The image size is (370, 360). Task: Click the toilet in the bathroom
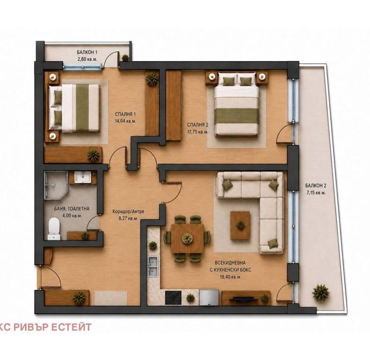[54, 229]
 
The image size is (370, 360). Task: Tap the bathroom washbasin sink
[83, 177]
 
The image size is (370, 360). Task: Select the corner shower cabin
[56, 185]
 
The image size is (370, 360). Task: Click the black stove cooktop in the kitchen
[173, 298]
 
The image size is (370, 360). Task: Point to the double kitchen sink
[153, 266]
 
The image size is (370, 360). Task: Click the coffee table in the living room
[240, 226]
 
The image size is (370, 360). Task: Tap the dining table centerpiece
[187, 238]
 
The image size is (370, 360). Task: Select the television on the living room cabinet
[243, 299]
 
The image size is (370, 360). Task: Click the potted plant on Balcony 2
[321, 293]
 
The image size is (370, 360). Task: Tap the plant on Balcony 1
[125, 58]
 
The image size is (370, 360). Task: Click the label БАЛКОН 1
[87, 52]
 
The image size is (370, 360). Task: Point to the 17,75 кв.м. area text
[198, 132]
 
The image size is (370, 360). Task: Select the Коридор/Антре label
[128, 212]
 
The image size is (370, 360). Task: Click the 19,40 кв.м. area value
[230, 277]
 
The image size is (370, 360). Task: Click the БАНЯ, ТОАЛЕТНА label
[72, 209]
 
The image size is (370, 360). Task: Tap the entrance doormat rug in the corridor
[111, 298]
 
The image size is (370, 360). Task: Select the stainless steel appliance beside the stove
[209, 297]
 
